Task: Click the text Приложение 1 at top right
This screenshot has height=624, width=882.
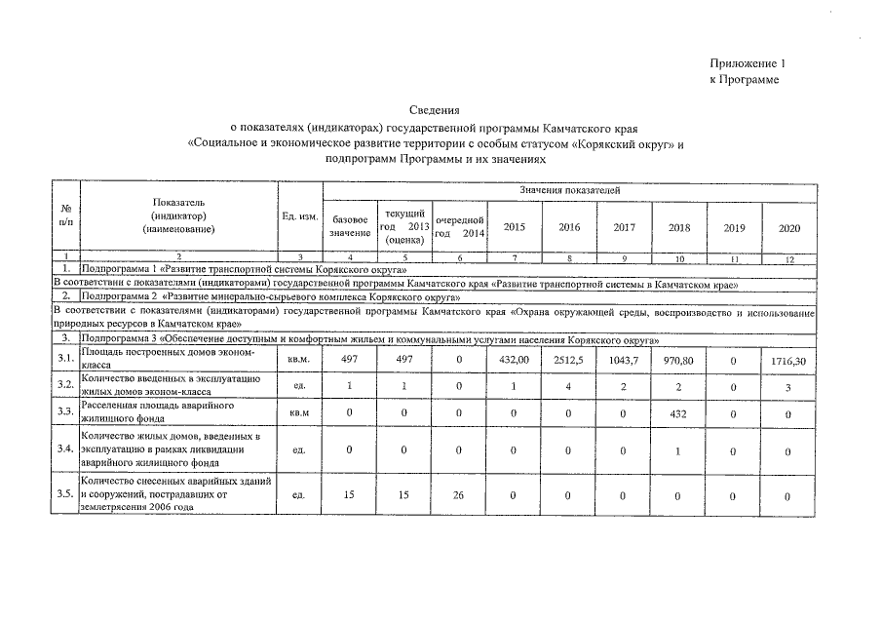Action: tap(747, 63)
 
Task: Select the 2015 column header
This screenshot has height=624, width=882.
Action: tap(514, 227)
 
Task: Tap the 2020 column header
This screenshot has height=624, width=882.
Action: tap(789, 227)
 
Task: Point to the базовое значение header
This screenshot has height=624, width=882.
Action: tap(350, 226)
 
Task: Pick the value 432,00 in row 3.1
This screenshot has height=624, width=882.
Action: tap(514, 360)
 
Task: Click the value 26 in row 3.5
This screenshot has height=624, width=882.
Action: tap(459, 494)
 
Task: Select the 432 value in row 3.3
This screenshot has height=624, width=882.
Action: tap(679, 412)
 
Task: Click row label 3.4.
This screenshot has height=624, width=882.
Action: tap(65, 449)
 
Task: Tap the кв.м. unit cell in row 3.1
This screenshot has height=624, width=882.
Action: tap(299, 360)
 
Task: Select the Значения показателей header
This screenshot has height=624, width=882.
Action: tap(569, 188)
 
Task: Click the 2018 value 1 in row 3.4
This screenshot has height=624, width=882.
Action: tap(679, 449)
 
